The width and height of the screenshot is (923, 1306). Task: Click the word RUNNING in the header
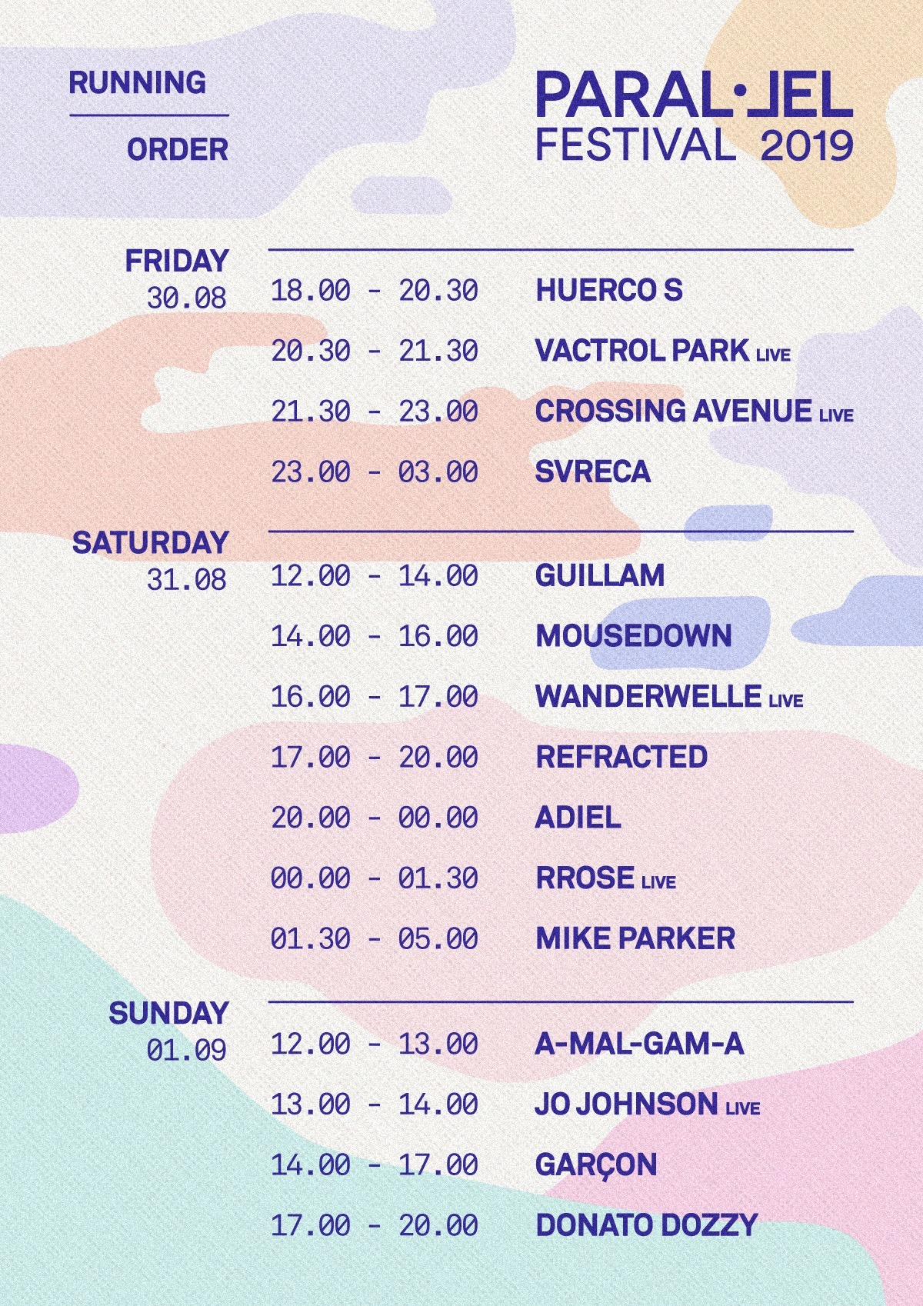tap(138, 82)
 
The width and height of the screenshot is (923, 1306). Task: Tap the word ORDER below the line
tap(178, 150)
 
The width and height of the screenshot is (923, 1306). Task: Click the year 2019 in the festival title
tap(807, 146)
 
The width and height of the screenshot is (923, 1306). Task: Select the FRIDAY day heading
tap(177, 261)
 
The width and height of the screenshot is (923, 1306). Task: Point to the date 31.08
tap(187, 579)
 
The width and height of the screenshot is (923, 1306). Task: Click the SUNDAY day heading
tap(168, 1013)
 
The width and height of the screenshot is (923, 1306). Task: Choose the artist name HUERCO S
tap(608, 291)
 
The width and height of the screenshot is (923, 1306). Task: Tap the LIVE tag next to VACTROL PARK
tap(773, 355)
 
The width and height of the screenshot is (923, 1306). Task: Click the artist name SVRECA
tap(592, 471)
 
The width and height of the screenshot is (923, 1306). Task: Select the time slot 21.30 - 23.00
tap(375, 411)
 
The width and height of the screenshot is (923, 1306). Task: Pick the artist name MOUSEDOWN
tap(633, 635)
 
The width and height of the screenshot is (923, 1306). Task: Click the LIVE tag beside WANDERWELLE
tap(786, 700)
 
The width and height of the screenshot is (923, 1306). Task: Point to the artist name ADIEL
tap(578, 818)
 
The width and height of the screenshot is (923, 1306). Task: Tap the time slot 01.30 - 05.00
tap(375, 938)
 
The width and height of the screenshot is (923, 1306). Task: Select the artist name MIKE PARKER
tap(635, 938)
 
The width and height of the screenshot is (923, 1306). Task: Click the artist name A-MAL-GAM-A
tap(640, 1044)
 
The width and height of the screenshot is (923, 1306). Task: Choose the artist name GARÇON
tap(596, 1165)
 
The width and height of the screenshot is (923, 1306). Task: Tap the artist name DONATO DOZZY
tap(646, 1225)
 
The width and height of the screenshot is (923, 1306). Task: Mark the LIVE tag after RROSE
tap(659, 882)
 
